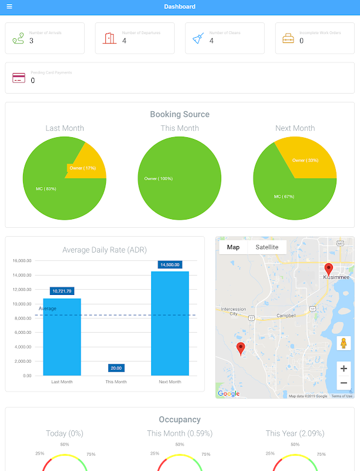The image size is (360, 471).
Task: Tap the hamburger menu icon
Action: [9, 6]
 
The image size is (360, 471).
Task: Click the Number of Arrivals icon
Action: [18, 38]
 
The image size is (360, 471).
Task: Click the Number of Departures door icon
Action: [109, 38]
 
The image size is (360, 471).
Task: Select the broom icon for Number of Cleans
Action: [198, 38]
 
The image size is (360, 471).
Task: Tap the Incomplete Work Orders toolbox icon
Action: [288, 39]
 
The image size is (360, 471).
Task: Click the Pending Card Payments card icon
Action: [19, 78]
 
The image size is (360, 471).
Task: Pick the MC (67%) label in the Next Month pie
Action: [284, 196]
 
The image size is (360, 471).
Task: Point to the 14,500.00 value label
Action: [169, 265]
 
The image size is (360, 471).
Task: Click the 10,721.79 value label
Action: [62, 291]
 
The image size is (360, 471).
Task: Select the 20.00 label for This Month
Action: [116, 368]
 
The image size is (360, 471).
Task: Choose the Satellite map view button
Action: [267, 247]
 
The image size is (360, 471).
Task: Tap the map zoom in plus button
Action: [344, 369]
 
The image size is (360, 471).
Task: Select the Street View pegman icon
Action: [344, 343]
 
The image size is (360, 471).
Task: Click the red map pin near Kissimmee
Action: [328, 270]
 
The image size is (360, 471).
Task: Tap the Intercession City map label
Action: [234, 311]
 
